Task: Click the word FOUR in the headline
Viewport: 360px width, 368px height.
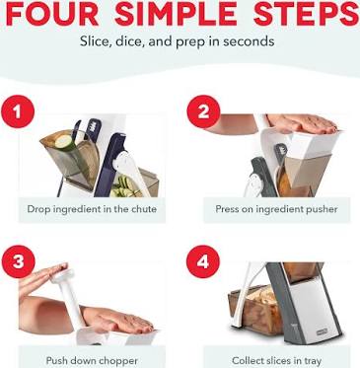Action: click(x=52, y=14)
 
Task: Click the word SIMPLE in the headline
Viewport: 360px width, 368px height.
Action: click(x=177, y=14)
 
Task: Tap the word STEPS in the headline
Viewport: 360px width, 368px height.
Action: click(x=306, y=14)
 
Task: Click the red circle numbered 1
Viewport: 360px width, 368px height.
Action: click(x=18, y=111)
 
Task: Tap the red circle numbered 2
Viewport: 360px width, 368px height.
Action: click(x=203, y=111)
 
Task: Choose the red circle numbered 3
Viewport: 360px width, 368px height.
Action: click(x=18, y=261)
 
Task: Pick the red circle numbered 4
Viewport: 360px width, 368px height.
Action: click(x=203, y=261)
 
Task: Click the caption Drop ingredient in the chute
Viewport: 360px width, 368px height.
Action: click(x=92, y=209)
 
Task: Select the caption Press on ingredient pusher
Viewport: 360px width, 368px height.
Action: click(x=276, y=209)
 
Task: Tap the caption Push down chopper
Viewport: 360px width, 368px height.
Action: click(x=92, y=360)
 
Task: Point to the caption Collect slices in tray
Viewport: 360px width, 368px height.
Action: click(x=276, y=360)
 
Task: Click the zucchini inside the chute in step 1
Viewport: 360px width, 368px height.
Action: click(x=67, y=145)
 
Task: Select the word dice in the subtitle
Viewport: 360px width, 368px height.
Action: click(x=127, y=41)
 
